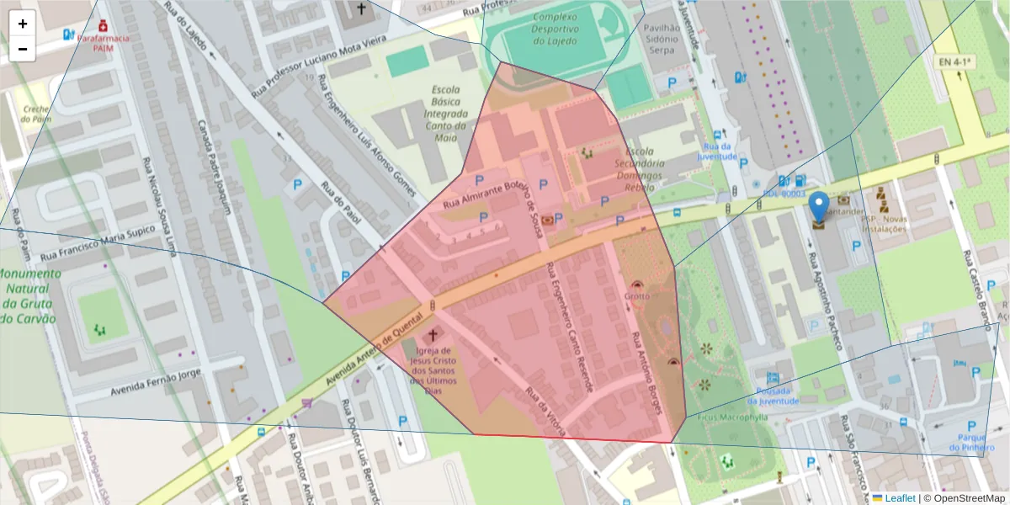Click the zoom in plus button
pos(23,24)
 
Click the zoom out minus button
pos(23,49)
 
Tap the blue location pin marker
pos(818,208)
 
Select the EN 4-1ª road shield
pos(955,62)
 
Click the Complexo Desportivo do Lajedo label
pos(554,29)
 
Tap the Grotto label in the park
pos(637,297)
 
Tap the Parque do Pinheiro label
pos(975,442)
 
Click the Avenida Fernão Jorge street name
pos(159,381)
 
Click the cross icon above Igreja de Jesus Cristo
pos(433,335)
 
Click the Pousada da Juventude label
pos(772,396)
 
